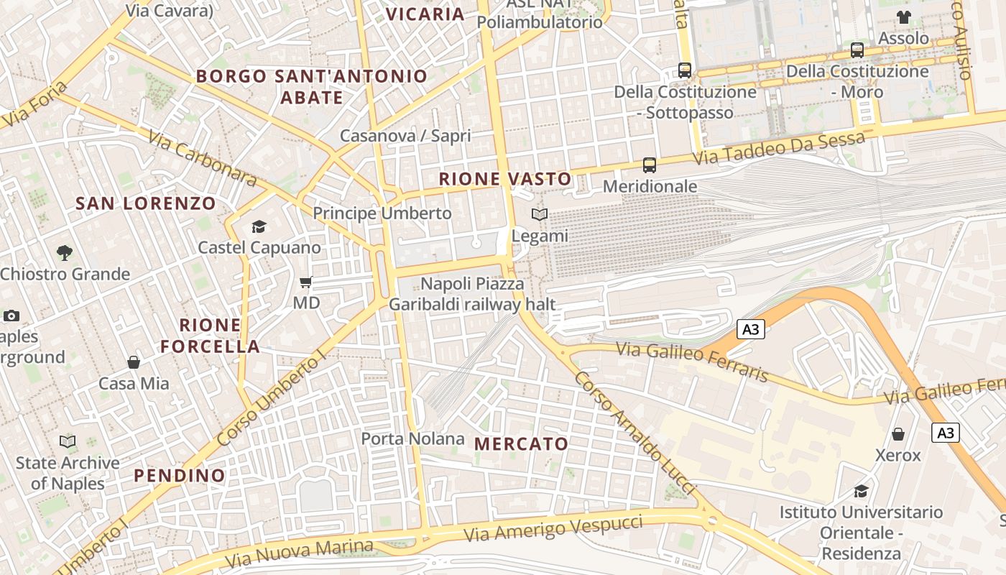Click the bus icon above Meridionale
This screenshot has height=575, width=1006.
[650, 165]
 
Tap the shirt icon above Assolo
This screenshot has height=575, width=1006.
[903, 17]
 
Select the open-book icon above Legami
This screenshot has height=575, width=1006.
[540, 214]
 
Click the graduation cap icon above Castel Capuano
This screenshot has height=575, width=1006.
[259, 227]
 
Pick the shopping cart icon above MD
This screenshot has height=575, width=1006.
[306, 282]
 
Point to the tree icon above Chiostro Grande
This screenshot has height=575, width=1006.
[65, 253]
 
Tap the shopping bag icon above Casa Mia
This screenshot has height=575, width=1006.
[134, 362]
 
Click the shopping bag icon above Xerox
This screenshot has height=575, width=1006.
[898, 434]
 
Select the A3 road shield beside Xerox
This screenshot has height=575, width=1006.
[946, 433]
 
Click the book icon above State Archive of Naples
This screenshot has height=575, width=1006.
[68, 441]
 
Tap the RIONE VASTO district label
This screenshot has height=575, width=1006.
[505, 179]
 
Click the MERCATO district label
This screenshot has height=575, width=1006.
[522, 444]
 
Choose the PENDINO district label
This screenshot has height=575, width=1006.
[180, 476]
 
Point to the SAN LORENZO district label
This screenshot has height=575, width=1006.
[146, 203]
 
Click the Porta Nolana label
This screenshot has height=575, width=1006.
[412, 438]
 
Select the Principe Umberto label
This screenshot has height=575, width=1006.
[382, 213]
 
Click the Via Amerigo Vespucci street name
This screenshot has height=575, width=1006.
[553, 529]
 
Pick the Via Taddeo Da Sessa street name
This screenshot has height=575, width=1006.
[779, 147]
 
